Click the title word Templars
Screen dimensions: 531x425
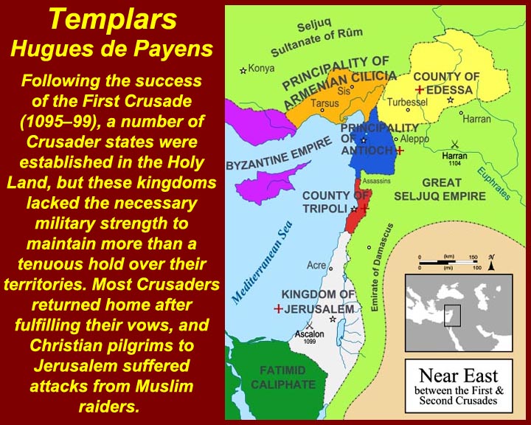point(113,19)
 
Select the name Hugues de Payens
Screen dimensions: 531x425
point(112,49)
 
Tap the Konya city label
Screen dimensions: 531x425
point(261,69)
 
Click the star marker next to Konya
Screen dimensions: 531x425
point(243,71)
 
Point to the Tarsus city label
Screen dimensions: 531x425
point(324,103)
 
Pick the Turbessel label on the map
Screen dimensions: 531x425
point(407,102)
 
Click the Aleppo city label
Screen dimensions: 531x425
point(414,139)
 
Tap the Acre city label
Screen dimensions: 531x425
point(316,265)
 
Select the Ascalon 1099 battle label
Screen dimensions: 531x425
point(309,336)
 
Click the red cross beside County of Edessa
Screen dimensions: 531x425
point(419,90)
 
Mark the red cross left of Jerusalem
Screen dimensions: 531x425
point(278,308)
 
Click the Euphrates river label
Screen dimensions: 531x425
point(493,184)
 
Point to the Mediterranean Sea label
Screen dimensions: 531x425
point(261,262)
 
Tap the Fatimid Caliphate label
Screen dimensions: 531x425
point(283,378)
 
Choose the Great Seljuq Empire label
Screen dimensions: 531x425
point(440,190)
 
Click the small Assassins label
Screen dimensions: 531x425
point(376,181)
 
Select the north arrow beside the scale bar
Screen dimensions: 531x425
point(491,263)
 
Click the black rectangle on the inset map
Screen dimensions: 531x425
point(452,316)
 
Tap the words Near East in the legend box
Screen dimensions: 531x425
point(459,376)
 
